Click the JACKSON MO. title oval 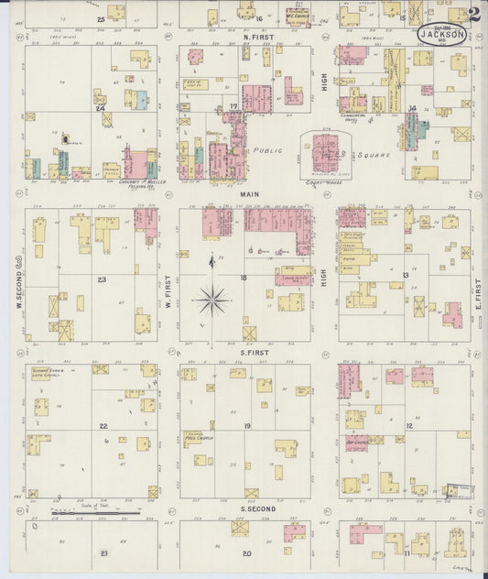click(x=443, y=33)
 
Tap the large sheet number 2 click(x=473, y=15)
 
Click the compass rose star click(x=211, y=297)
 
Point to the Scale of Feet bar click(x=95, y=514)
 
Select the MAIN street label click(x=249, y=195)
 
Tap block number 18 click(x=244, y=277)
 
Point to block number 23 click(x=102, y=279)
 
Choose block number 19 click(x=246, y=427)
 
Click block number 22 click(x=103, y=426)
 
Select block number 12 click(x=408, y=426)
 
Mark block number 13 click(x=405, y=274)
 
